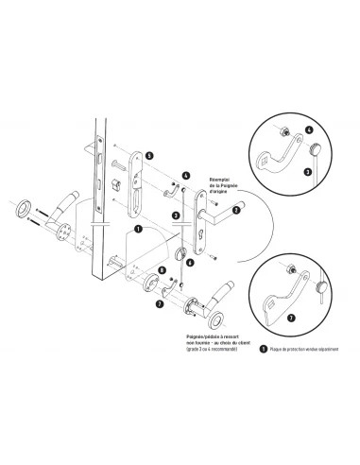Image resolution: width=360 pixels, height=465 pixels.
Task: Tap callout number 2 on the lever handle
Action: [x=235, y=210]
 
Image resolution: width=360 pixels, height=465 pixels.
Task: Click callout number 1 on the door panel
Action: [x=138, y=228]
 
